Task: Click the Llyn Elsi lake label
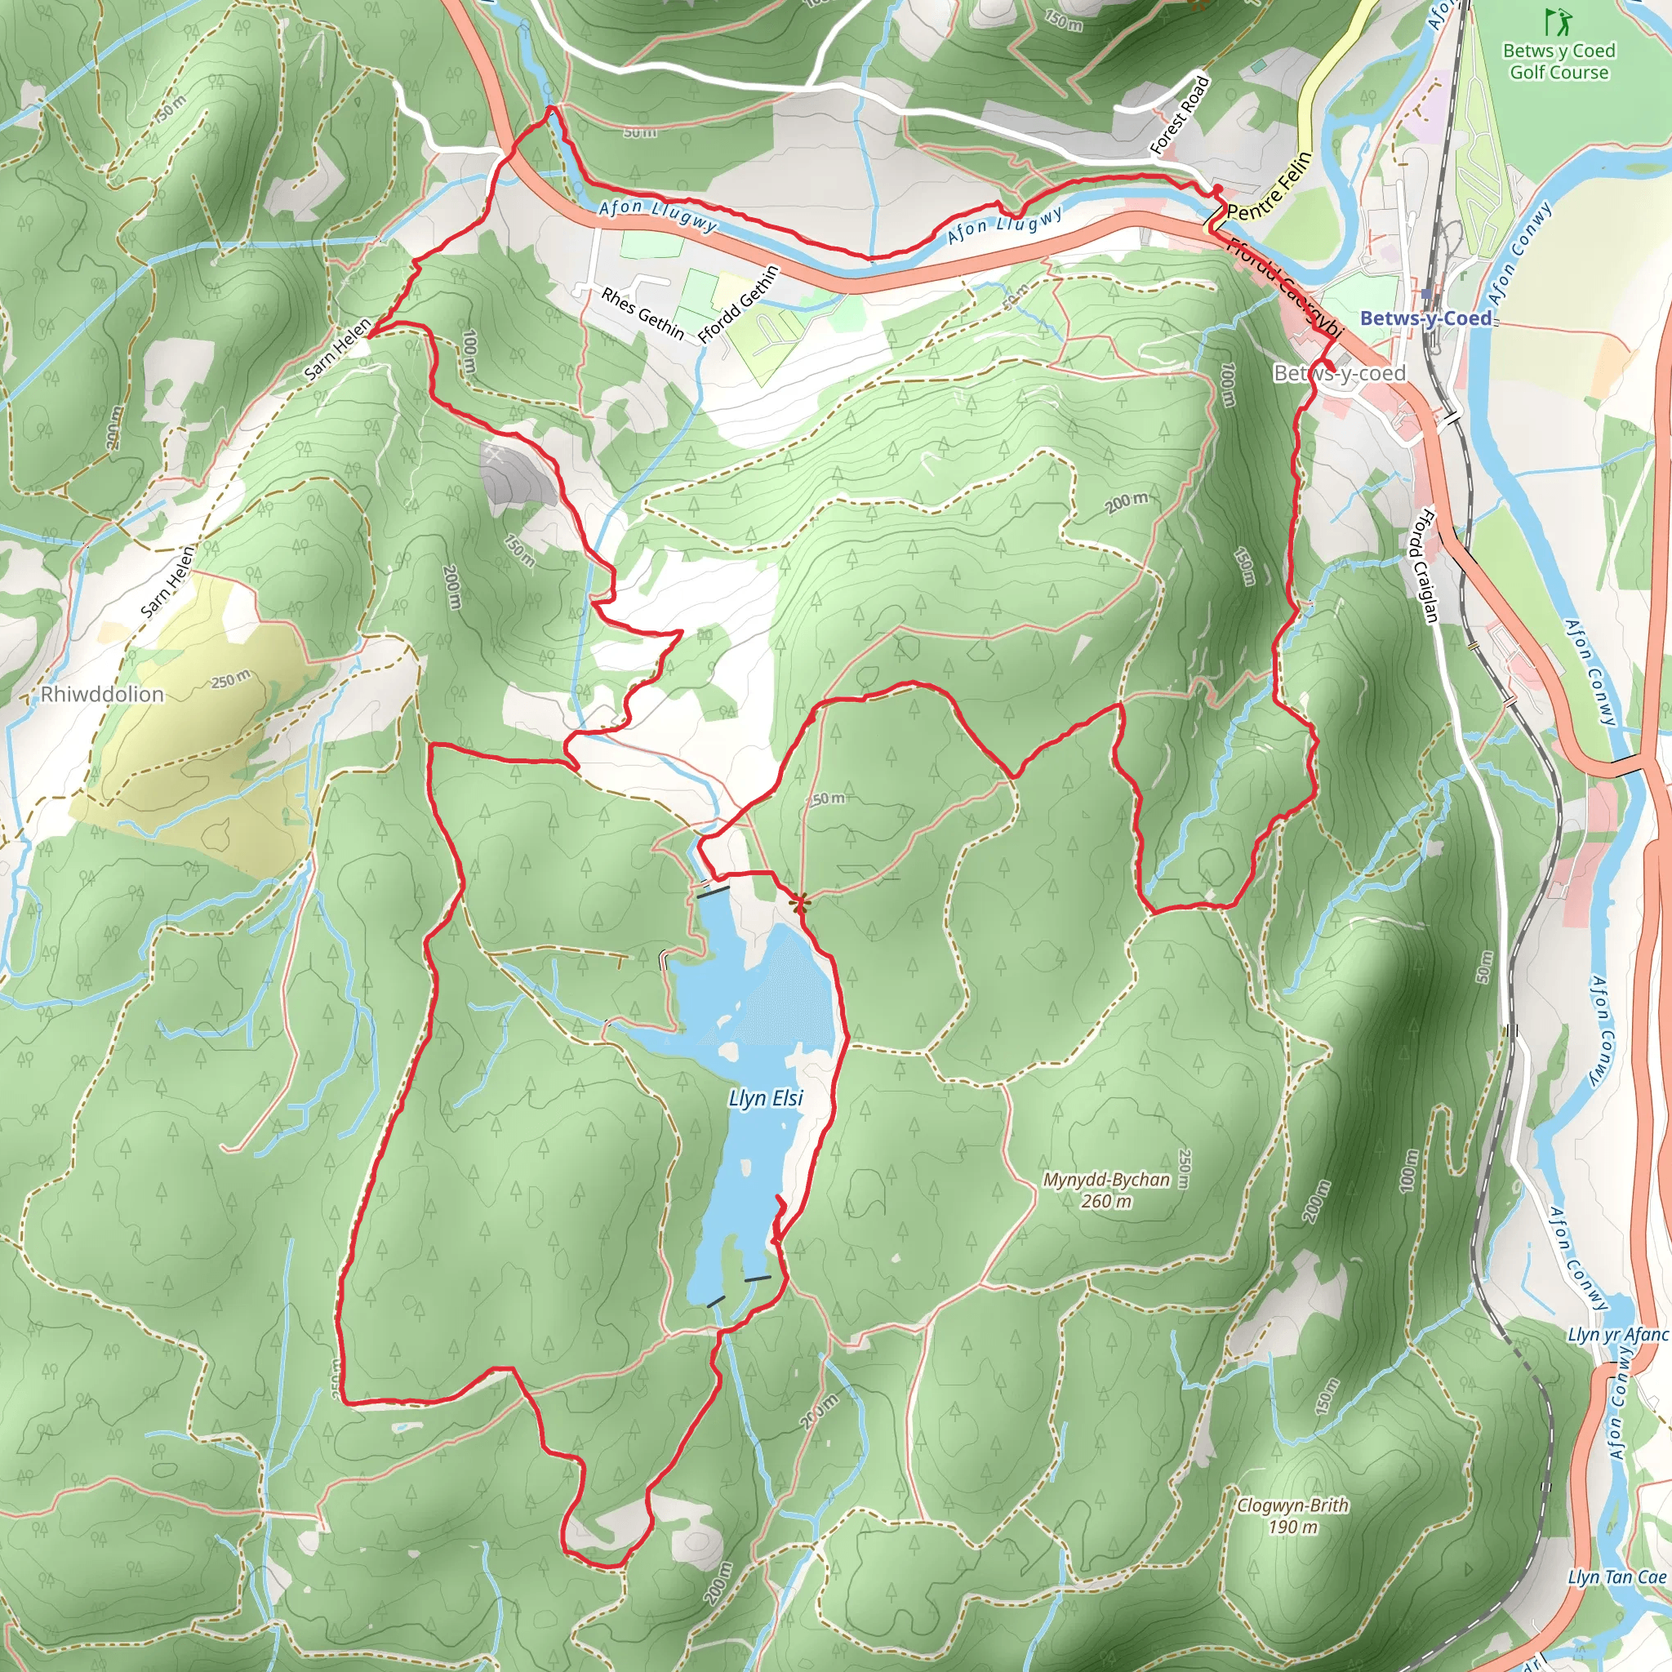pyautogui.click(x=765, y=1098)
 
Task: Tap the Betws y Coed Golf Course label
pyautogui.click(x=1559, y=61)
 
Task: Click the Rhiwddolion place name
pyautogui.click(x=102, y=694)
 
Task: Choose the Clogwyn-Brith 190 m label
pyautogui.click(x=1292, y=1515)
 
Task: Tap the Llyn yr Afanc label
pyautogui.click(x=1616, y=1335)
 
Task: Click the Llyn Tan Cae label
pyautogui.click(x=1616, y=1576)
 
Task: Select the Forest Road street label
pyautogui.click(x=1180, y=115)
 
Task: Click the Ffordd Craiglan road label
pyautogui.click(x=1425, y=566)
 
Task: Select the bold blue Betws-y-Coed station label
pyautogui.click(x=1425, y=318)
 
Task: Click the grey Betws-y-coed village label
pyautogui.click(x=1339, y=373)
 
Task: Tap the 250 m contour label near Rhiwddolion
pyautogui.click(x=230, y=680)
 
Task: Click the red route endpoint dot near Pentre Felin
pyautogui.click(x=1216, y=189)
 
